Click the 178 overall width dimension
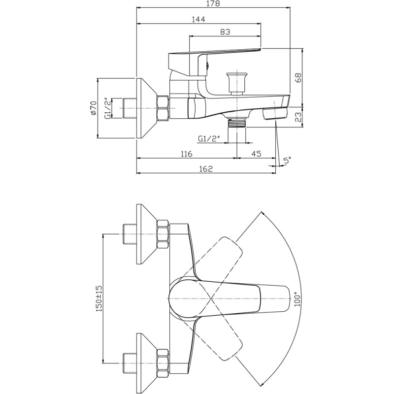click(212, 3)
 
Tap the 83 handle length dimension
click(225, 32)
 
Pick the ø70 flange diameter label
click(94, 107)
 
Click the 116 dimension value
click(186, 154)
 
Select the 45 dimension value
click(256, 154)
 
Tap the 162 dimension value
click(206, 169)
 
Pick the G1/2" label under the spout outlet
click(209, 139)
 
